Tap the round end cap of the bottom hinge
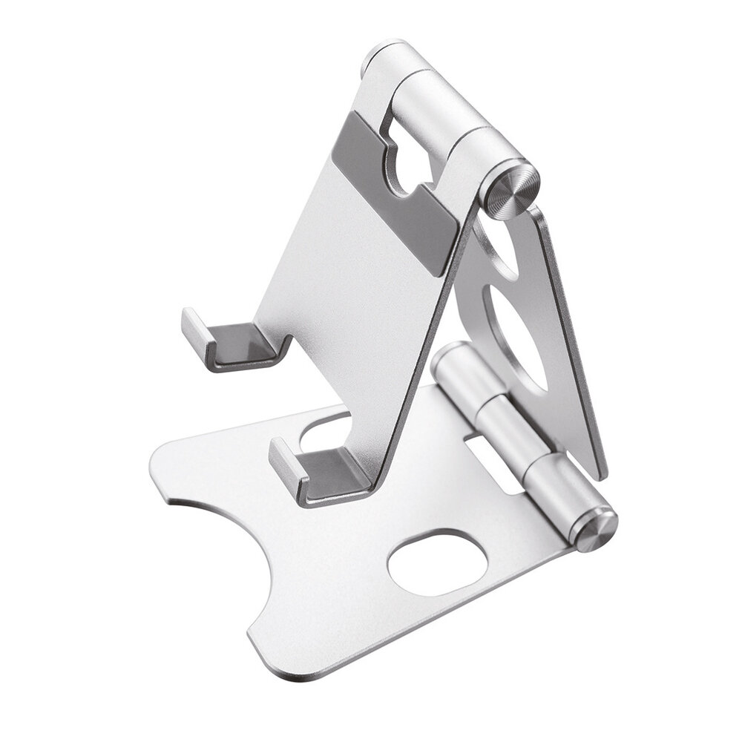[x=597, y=530]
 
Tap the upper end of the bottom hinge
[x=451, y=356]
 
